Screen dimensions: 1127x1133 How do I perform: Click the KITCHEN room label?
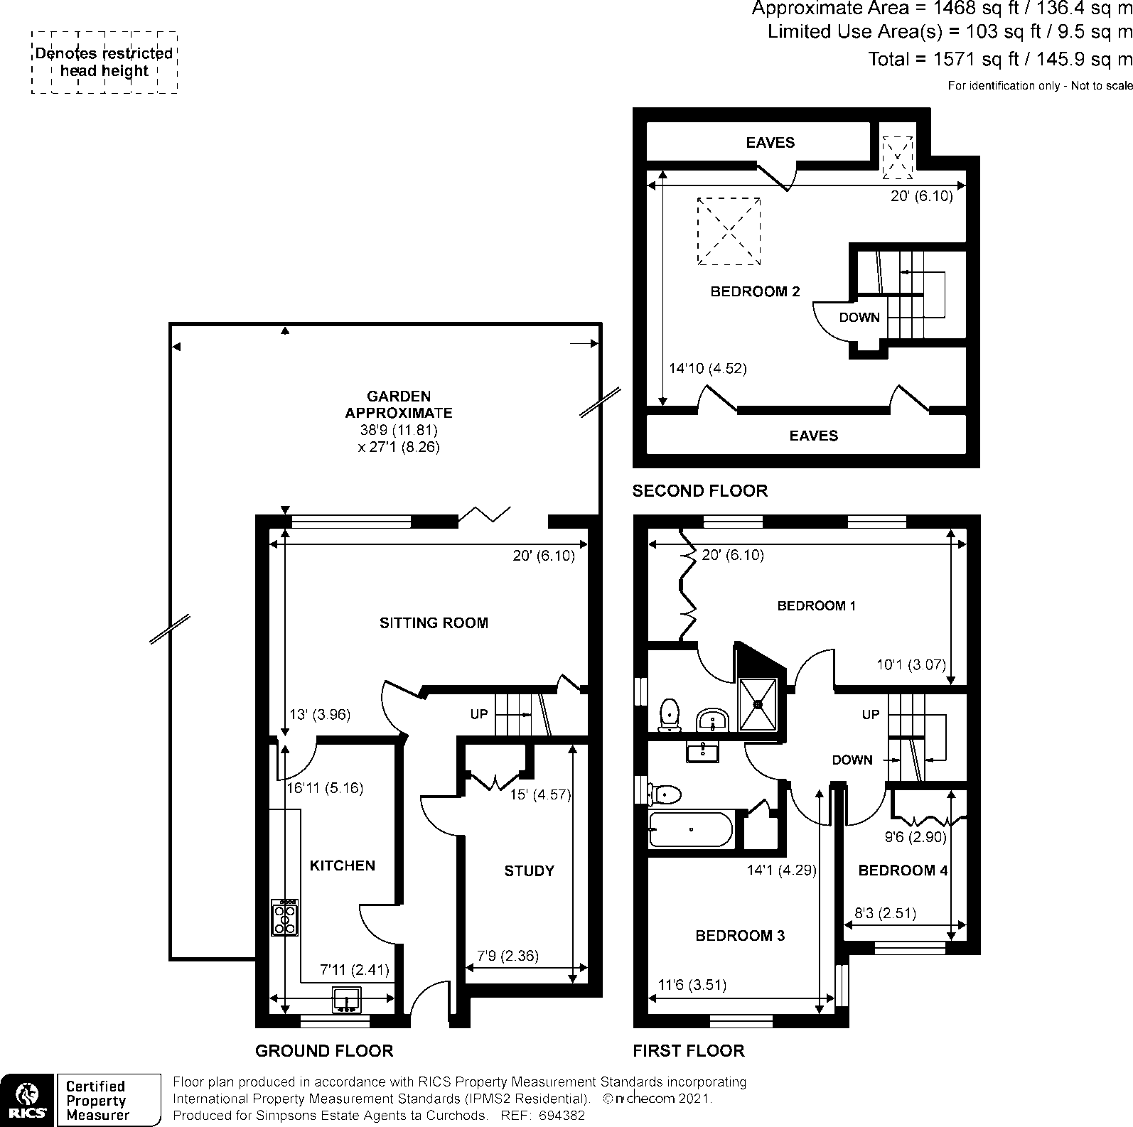342,866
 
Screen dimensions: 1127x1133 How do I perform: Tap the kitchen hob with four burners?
284,917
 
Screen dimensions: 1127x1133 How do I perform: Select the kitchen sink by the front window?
347,1000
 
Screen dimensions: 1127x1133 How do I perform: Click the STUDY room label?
529,871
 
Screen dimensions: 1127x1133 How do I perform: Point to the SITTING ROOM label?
434,623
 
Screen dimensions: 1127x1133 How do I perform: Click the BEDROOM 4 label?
903,870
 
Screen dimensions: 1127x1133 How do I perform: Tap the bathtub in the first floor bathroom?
690,829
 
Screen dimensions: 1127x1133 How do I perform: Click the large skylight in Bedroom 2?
729,231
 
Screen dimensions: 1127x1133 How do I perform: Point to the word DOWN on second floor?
859,318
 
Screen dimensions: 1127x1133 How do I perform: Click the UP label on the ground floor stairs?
479,713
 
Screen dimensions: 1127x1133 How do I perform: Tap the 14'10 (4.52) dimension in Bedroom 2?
708,369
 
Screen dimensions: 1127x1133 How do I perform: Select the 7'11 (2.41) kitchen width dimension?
354,969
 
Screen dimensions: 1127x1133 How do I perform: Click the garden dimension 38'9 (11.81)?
399,430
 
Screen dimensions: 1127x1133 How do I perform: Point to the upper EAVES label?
770,143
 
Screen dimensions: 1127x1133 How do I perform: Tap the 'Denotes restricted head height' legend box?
104,63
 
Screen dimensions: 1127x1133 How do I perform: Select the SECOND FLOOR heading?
700,491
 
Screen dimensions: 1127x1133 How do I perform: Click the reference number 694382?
562,1116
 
